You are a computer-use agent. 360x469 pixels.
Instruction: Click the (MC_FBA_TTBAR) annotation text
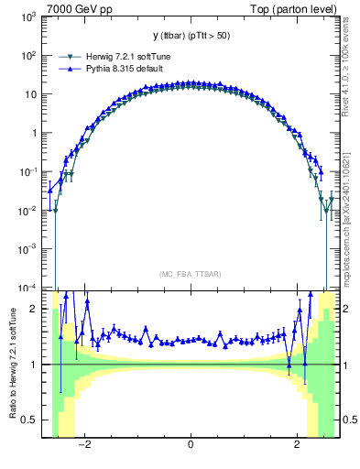[x=190, y=275]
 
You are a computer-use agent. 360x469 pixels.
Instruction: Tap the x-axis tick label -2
[x=85, y=445]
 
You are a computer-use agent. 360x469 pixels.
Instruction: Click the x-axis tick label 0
[x=191, y=445]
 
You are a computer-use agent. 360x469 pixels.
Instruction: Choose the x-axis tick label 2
[x=296, y=445]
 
